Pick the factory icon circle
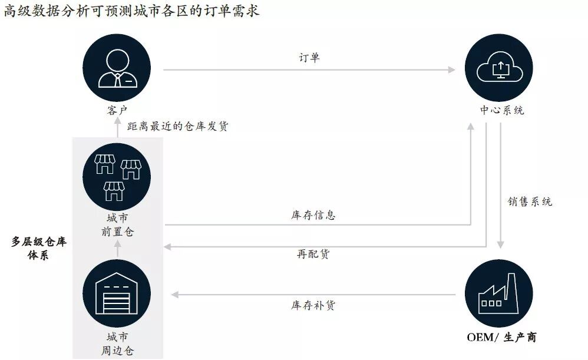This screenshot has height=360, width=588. point(499,293)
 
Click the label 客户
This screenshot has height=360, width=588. point(117,110)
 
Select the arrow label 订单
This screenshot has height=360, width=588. point(309,58)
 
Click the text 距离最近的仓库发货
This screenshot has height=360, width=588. point(177,126)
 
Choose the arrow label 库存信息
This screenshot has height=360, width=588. point(313,215)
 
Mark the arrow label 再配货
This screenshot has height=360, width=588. point(313,254)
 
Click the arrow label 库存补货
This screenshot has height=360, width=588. point(313,305)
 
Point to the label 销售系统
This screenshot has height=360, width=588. point(530,202)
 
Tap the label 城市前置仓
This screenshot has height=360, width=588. point(117,225)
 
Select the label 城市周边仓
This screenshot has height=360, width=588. point(117,344)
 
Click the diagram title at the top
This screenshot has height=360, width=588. point(131,11)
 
